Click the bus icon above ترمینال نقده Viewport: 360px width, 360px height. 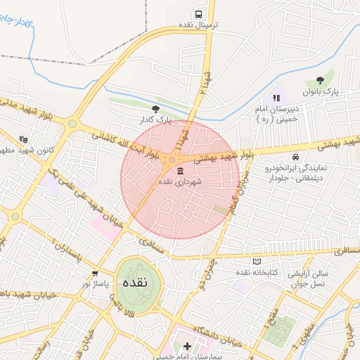tap(199, 14)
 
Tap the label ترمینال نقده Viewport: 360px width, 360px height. tap(198, 25)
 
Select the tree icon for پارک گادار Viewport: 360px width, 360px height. tap(155, 109)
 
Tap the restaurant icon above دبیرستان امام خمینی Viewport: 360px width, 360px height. tap(276, 97)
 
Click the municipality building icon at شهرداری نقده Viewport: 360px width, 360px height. tap(181, 172)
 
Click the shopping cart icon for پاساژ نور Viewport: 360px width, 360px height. tap(95, 273)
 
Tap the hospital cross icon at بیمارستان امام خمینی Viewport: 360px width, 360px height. tap(187, 347)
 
